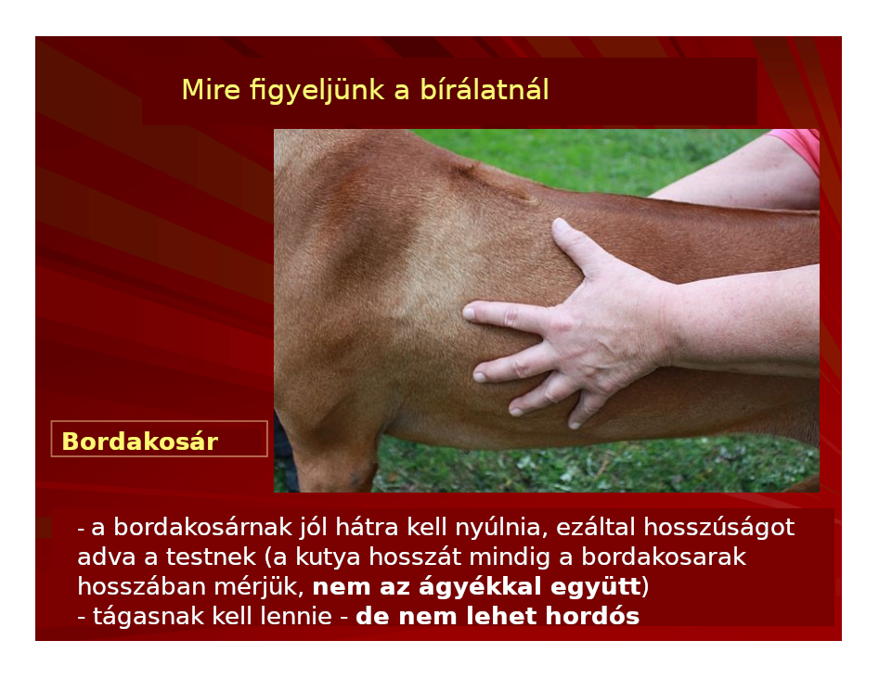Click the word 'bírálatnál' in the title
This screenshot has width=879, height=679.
[x=485, y=90]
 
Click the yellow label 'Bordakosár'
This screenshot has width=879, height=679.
[x=139, y=442]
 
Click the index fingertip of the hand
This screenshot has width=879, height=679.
[x=470, y=311]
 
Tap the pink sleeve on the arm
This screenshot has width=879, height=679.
[x=798, y=147]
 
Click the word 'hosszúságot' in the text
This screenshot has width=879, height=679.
[x=718, y=528]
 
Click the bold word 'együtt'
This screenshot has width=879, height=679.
[x=596, y=587]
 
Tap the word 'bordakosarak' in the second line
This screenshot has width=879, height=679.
[x=664, y=557]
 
